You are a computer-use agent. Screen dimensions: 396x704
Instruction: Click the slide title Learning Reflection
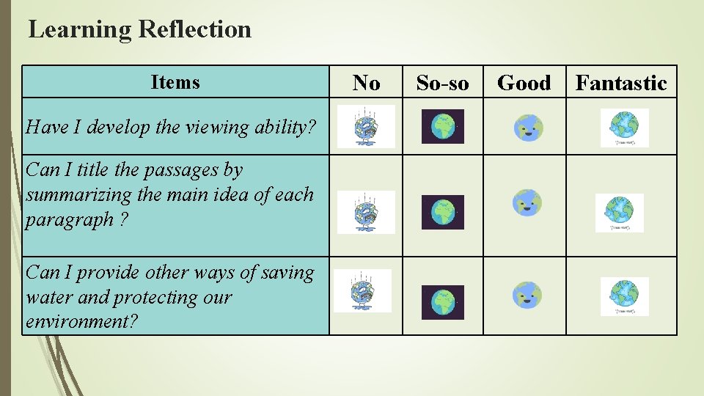(139, 29)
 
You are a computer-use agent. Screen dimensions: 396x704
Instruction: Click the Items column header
(175, 82)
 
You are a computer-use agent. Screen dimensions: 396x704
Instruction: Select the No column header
(366, 83)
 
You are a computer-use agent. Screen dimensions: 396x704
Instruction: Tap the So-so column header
(442, 83)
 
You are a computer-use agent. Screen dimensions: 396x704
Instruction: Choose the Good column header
(524, 83)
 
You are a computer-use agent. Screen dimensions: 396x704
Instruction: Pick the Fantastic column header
(621, 83)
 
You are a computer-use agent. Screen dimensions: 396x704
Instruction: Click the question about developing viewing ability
(172, 127)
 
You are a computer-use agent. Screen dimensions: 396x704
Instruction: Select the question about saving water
(170, 297)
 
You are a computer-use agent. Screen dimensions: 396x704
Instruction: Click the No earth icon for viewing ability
(366, 126)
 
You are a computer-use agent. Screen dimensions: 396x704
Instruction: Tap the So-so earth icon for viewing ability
(443, 126)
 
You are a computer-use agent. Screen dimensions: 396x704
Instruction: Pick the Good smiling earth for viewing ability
(527, 128)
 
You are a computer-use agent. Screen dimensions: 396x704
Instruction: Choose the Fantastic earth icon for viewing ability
(624, 128)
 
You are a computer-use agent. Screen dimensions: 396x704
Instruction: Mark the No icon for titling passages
(366, 212)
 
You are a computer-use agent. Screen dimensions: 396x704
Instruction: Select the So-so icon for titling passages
(443, 212)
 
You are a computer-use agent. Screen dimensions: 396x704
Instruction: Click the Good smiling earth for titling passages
(527, 202)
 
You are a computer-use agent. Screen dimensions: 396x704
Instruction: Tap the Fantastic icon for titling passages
(619, 213)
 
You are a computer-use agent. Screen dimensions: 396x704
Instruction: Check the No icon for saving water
(362, 291)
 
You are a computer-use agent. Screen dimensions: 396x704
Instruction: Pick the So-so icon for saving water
(443, 302)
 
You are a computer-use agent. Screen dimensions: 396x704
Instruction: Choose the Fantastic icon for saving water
(624, 296)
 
